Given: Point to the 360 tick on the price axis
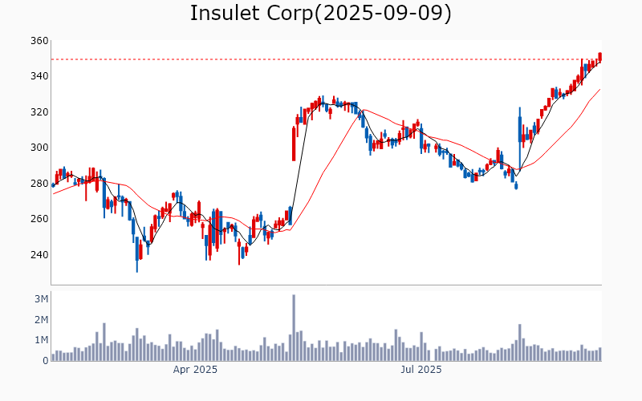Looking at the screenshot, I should (39, 41).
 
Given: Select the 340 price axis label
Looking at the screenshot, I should (39, 76).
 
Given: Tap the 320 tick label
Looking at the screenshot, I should (39, 112).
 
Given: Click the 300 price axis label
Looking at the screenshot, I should (39, 148).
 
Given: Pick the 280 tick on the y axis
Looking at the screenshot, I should (39, 184).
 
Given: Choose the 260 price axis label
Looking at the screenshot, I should (39, 219).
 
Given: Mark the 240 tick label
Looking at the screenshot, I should (39, 255).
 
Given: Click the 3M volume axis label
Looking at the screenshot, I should (41, 299).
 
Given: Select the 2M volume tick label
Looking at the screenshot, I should (41, 320).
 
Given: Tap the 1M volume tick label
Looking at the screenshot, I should (41, 340).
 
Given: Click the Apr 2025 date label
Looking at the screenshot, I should (196, 371).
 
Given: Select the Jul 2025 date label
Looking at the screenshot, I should (421, 371).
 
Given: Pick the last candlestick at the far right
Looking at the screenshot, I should (599, 57).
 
